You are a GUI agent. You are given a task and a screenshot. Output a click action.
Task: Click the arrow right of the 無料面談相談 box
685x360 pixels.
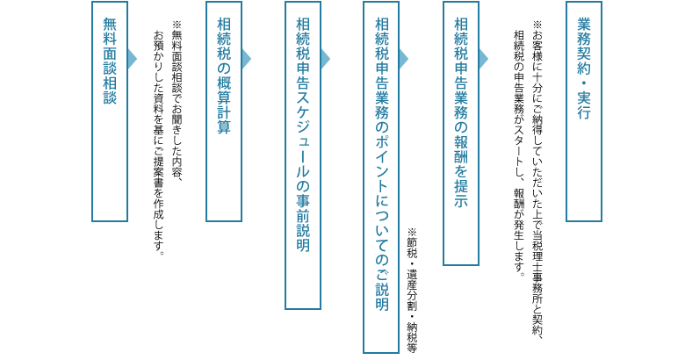point(133,59)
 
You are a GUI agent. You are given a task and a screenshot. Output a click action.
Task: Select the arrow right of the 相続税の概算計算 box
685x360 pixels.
point(246,59)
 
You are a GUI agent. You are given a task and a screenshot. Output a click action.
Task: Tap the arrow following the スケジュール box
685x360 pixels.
point(325,59)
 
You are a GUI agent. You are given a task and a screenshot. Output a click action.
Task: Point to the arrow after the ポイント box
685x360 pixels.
point(404,59)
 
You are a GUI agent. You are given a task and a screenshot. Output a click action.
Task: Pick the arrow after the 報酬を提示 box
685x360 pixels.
point(483,59)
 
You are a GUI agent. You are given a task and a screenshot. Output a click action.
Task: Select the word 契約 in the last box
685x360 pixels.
point(584,57)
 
